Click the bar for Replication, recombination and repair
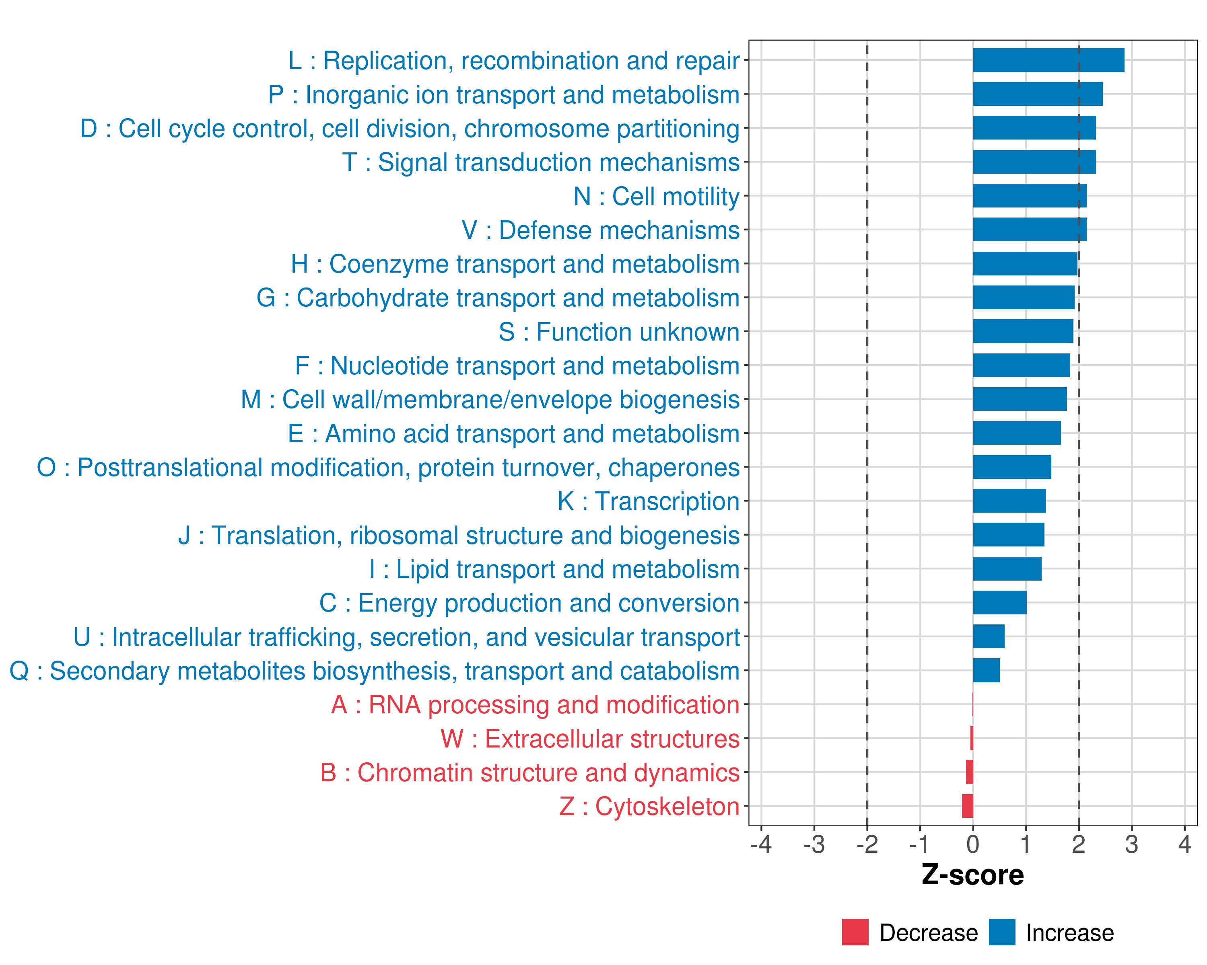click(x=1048, y=60)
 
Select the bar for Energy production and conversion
click(x=999, y=602)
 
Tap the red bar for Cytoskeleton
click(x=967, y=806)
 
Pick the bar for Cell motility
click(x=1030, y=196)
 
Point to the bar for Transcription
click(x=1009, y=501)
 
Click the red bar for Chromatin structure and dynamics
click(x=969, y=772)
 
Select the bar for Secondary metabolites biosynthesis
click(x=986, y=670)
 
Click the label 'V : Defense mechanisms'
click(x=600, y=230)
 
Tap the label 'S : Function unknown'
click(x=619, y=332)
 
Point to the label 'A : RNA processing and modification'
click(x=535, y=705)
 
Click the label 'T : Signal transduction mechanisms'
click(x=541, y=162)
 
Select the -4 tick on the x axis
click(x=761, y=844)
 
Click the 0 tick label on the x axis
click(x=972, y=844)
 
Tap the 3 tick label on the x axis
click(x=1131, y=844)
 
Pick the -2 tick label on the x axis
click(x=867, y=844)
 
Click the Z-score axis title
click(x=972, y=875)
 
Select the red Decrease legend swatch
click(x=855, y=932)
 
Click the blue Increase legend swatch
click(x=1001, y=932)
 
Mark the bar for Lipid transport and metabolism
click(x=1007, y=569)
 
